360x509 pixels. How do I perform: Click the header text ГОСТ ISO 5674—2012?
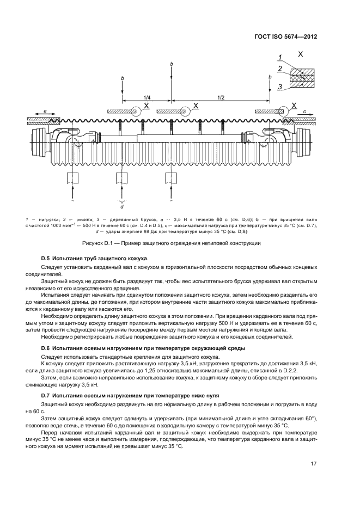285,37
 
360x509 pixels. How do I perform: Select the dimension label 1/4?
147,97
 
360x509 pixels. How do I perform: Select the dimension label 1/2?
221,97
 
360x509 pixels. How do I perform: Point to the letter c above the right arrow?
305,110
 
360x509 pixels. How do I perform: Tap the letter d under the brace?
121,206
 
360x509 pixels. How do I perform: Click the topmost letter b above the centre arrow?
172,64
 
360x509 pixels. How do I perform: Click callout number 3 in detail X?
279,86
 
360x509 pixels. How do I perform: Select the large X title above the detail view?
301,53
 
